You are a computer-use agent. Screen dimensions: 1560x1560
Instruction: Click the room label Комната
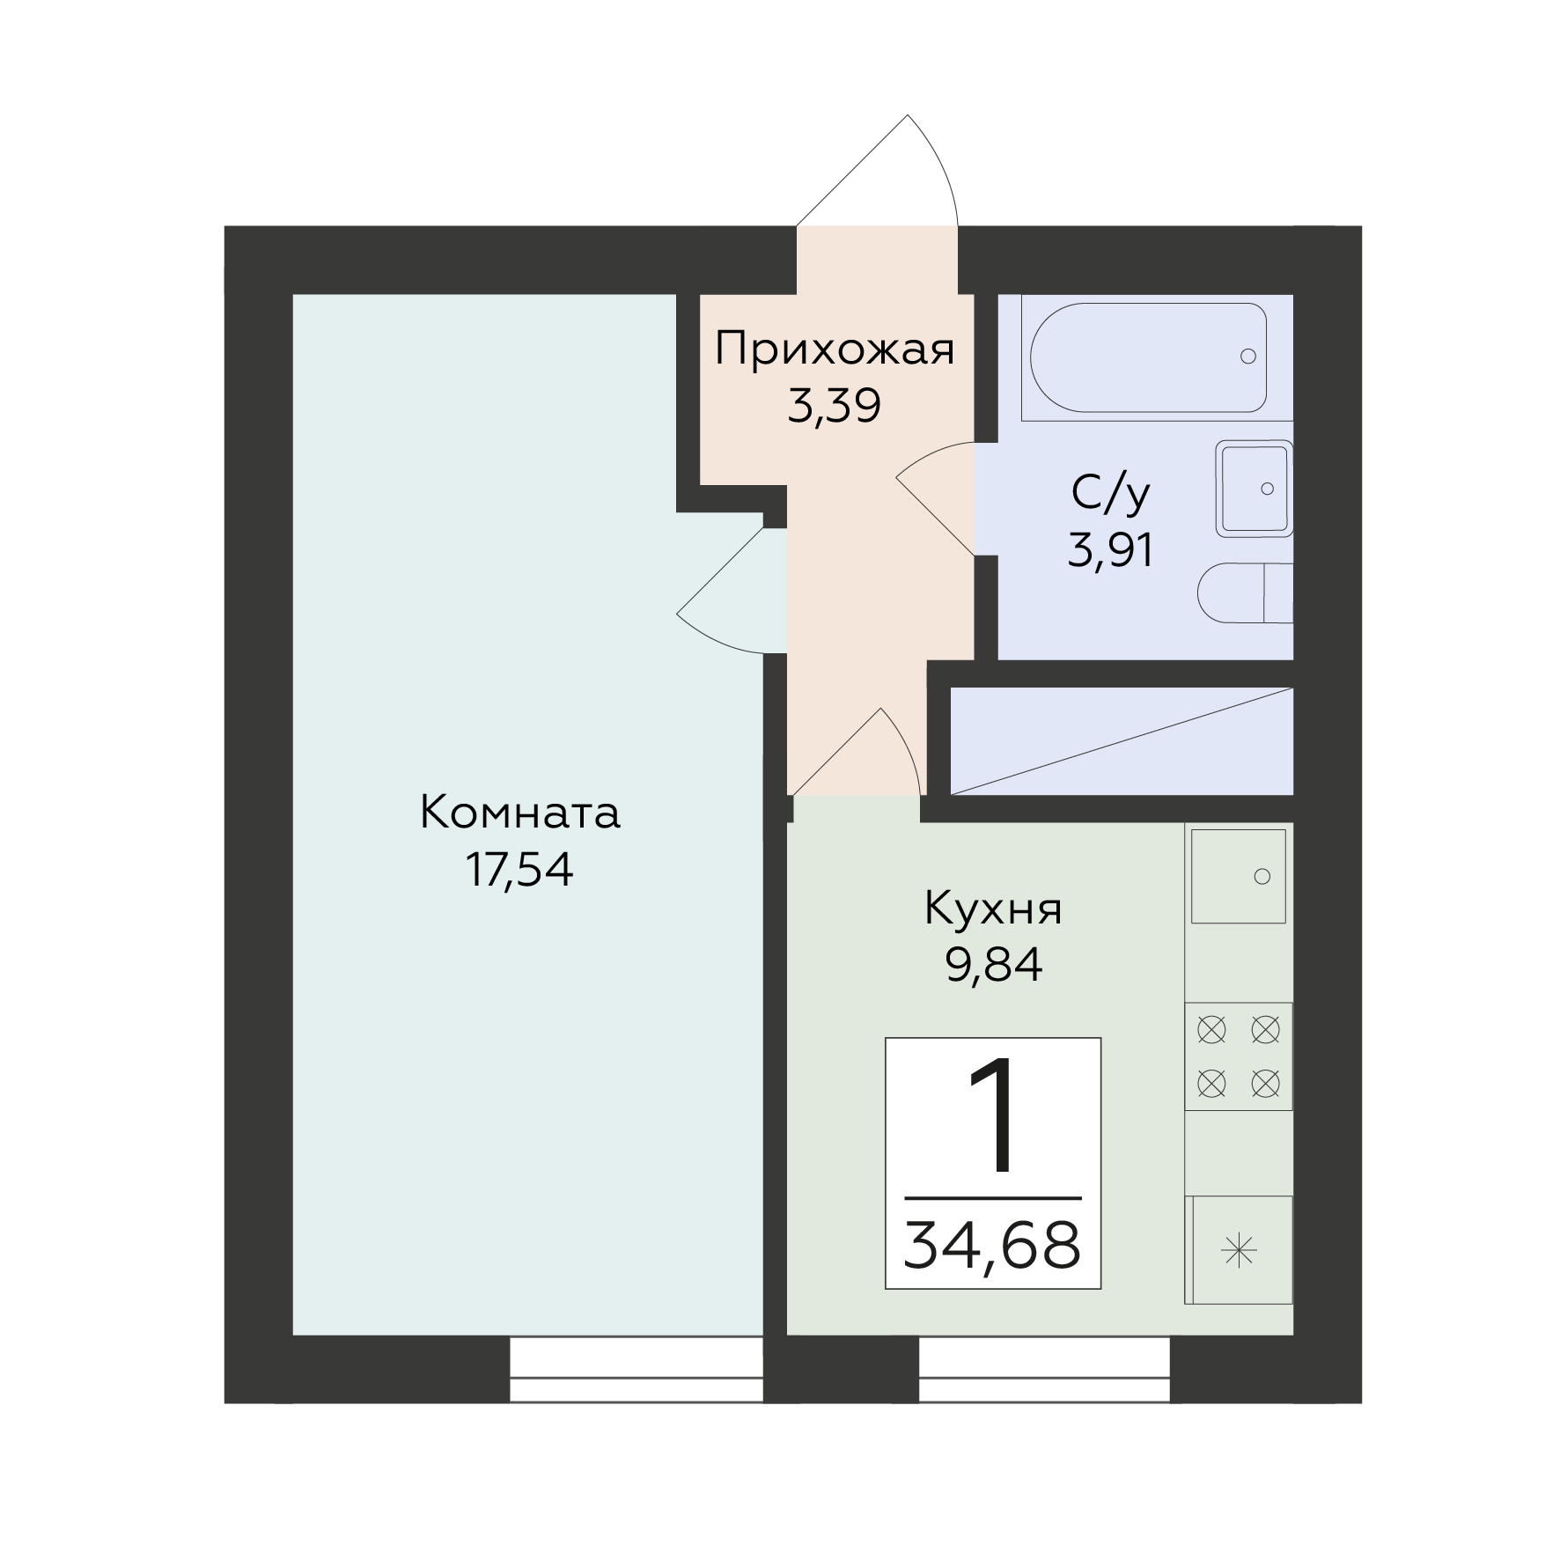click(x=520, y=813)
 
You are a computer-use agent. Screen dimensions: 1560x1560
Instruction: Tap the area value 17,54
click(x=519, y=870)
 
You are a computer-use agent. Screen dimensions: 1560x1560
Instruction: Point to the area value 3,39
click(x=834, y=406)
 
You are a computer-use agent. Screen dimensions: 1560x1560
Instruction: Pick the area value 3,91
click(x=1110, y=551)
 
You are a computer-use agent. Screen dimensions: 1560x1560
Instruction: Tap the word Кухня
click(x=994, y=910)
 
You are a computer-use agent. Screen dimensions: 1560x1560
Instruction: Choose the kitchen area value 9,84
click(x=994, y=966)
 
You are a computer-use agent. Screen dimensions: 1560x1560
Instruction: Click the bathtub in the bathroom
click(x=1148, y=357)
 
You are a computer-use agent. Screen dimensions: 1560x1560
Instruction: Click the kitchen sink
click(x=1238, y=876)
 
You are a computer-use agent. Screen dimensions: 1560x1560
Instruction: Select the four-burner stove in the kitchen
click(x=1239, y=1056)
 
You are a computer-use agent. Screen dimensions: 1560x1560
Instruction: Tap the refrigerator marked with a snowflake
click(x=1239, y=1251)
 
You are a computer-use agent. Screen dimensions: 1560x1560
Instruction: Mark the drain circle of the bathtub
click(x=1247, y=357)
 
